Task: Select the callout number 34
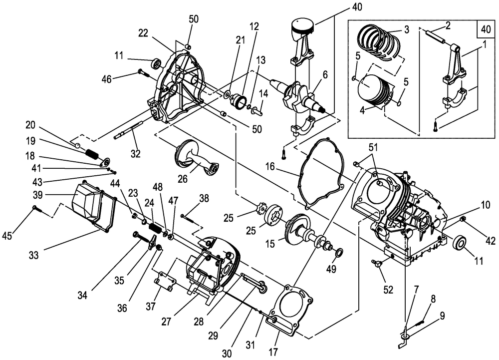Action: pos(82,296)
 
